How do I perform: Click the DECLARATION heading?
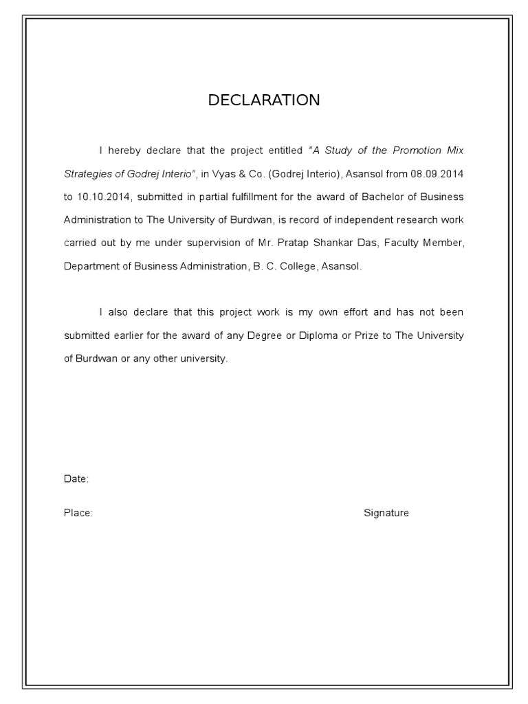pyautogui.click(x=264, y=100)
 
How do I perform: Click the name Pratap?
pyautogui.click(x=294, y=243)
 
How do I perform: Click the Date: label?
pyautogui.click(x=76, y=479)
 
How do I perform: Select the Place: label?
pyautogui.click(x=78, y=513)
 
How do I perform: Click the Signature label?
pyautogui.click(x=386, y=513)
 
